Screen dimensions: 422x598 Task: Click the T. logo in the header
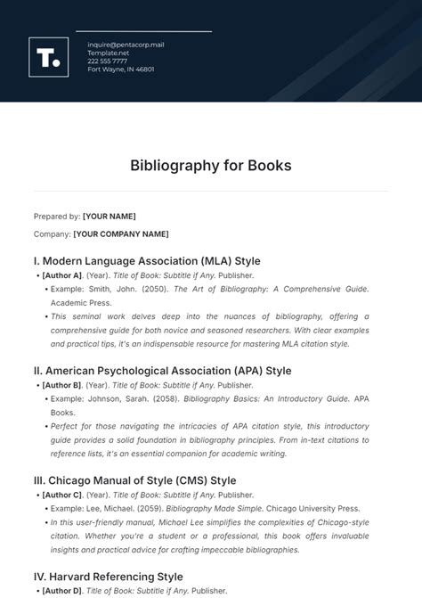point(49,57)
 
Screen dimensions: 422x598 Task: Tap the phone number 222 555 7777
point(108,61)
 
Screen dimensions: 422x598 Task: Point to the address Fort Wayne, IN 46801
point(121,69)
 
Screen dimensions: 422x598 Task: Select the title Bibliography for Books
point(211,166)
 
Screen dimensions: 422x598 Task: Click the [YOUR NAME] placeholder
point(110,217)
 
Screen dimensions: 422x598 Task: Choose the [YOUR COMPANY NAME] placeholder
point(121,234)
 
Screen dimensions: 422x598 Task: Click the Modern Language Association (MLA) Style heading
point(147,261)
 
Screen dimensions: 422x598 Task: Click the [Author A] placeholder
point(62,275)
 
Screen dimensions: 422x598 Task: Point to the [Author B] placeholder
point(62,385)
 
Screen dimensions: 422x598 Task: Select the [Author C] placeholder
point(62,495)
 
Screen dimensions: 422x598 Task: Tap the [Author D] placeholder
point(62,591)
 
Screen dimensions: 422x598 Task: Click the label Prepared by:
point(56,217)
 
